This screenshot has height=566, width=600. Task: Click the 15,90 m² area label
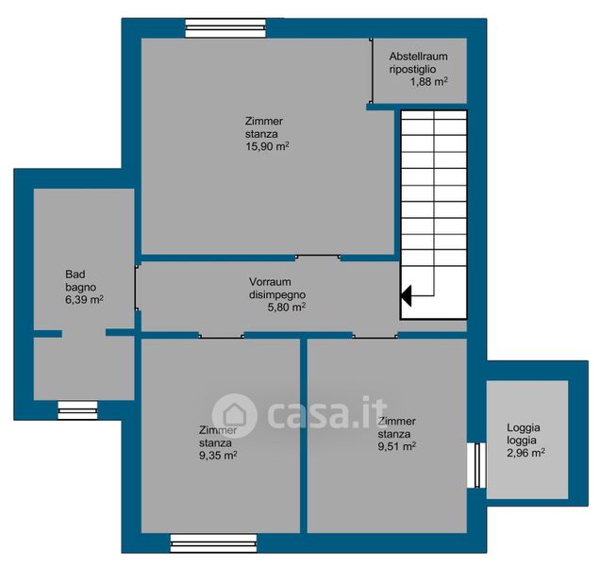267,146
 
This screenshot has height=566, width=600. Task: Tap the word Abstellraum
418,57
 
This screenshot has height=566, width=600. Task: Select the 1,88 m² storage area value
429,81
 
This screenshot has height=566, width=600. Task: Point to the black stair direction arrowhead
406,295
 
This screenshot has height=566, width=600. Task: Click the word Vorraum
270,282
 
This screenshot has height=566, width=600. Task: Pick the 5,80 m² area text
286,308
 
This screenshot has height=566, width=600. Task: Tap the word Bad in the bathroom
75,274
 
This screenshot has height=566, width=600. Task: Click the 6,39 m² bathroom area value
84,300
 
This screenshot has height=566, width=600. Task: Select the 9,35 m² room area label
218,456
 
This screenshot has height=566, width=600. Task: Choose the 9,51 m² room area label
397,446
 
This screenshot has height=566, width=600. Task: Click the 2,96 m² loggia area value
525,453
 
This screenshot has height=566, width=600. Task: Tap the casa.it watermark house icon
235,416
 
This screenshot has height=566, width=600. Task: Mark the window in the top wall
225,28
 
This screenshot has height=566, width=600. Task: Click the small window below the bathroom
77,410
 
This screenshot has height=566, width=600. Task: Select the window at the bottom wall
213,543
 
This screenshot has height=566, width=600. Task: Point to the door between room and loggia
476,465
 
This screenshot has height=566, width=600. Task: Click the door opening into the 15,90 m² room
318,258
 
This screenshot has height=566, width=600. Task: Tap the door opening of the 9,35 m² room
221,336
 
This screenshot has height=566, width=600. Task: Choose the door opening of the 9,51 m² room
375,336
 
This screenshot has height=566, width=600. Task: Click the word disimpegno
277,294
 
